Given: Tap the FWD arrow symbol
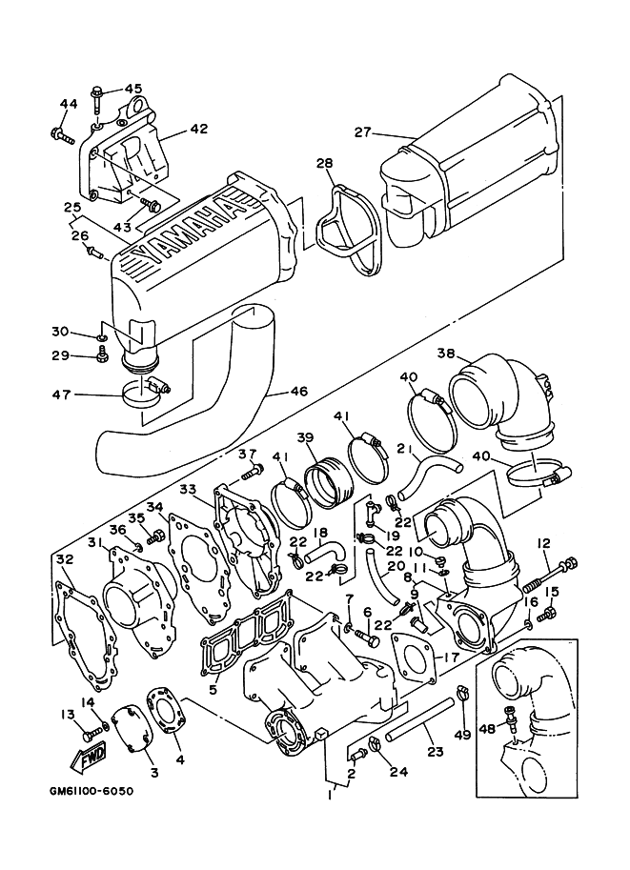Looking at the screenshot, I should (88, 759).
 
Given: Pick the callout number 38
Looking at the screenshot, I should (445, 353).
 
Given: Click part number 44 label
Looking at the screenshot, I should (68, 104).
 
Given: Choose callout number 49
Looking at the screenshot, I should (463, 734).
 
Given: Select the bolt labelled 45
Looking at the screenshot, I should (99, 92).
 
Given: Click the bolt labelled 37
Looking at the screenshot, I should (253, 471).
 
